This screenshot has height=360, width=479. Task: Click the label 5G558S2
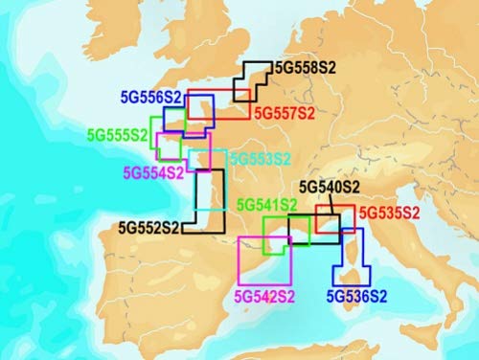point(305,68)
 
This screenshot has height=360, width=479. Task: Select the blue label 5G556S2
point(151,98)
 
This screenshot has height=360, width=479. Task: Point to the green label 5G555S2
point(118,135)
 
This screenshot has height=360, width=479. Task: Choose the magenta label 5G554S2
point(152,172)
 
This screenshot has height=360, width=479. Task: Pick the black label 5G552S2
point(149,228)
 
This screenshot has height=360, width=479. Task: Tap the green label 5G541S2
point(266,204)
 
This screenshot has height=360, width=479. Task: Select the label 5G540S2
point(331,187)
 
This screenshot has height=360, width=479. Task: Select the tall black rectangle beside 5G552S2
point(210,195)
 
